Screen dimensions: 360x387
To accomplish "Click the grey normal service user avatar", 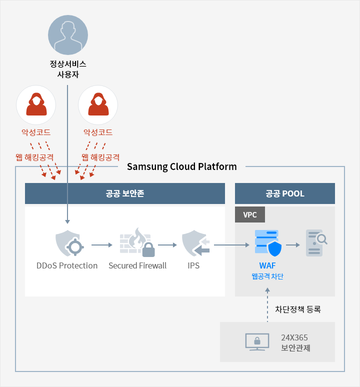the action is pos(68,35).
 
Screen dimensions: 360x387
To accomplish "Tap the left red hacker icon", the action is pos(36,104).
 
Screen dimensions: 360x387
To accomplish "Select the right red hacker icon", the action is pos(98,104).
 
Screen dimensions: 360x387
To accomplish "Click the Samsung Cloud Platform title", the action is pos(182,167).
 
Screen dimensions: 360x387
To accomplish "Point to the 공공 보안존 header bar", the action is pos(125,193).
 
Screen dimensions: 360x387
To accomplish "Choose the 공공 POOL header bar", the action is pos(284,193).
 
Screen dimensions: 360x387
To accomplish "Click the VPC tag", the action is pos(250,214).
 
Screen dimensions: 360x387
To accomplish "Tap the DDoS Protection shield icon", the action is pos(69,243).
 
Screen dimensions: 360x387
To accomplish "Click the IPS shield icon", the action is pos(195,243).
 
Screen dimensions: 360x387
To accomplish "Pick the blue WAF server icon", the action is pos(268,243).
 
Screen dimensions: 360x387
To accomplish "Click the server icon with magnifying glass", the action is pos(316,243).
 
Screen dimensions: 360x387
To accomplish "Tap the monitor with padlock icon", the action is pos(257,342).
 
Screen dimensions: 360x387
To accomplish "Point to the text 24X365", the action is pos(294,337).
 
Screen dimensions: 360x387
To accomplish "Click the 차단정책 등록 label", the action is pos(298,309).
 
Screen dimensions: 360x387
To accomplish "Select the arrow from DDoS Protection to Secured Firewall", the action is pos(102,245).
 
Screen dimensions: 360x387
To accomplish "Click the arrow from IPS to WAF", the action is pos(231,245).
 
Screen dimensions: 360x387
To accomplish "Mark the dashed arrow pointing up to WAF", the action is pos(267,305).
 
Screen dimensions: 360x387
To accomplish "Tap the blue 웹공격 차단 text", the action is pos(267,276).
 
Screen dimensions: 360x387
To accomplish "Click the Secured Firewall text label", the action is pos(137,265).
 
